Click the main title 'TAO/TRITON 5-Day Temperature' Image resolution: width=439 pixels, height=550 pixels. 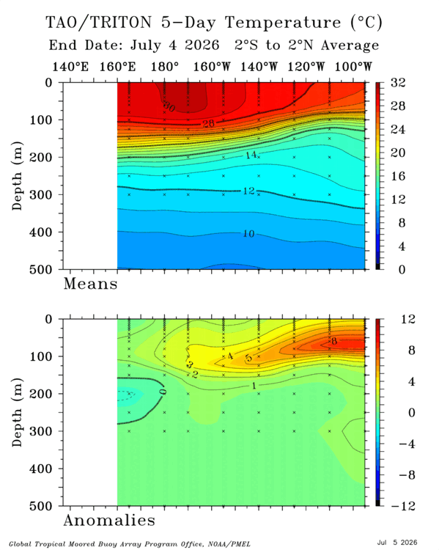point(193,23)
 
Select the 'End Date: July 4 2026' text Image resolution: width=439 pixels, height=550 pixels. point(134,45)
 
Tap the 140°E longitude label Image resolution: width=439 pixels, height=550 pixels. point(70,66)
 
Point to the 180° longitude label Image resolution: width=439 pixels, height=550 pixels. point(164,66)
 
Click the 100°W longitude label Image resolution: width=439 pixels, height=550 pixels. point(353,66)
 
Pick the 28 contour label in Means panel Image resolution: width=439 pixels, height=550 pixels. point(208,123)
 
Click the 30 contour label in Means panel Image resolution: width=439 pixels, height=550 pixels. point(169,106)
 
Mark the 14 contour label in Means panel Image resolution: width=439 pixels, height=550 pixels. point(251,154)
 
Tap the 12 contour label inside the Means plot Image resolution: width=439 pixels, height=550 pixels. point(248,191)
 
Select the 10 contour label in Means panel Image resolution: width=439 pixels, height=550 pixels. point(248,234)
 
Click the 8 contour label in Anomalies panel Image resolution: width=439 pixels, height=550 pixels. point(333,340)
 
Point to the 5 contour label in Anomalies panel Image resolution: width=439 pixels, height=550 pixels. point(248,358)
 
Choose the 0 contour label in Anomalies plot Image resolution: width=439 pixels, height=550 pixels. point(163,392)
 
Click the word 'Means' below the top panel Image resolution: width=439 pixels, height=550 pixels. point(90,284)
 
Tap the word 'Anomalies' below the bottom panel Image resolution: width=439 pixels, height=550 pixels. point(109,520)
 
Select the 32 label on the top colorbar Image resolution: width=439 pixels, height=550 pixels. point(398,83)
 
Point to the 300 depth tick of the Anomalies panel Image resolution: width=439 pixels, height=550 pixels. point(40,431)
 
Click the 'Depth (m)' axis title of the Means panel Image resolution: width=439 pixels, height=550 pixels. point(17,176)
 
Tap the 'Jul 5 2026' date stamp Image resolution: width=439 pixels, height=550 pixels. point(397,543)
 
